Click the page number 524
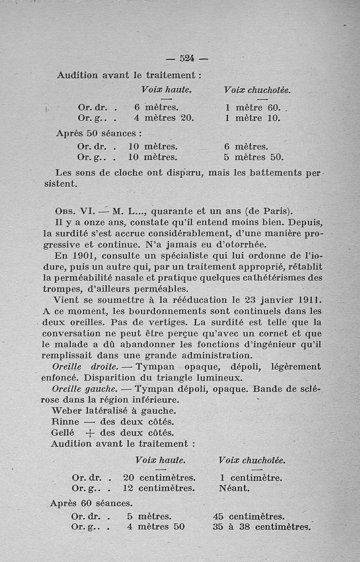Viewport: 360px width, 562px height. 186,58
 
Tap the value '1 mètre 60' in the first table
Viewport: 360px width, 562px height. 253,108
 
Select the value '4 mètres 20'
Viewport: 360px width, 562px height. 164,118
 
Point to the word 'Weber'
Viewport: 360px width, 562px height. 67,411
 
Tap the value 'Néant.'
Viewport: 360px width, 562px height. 234,488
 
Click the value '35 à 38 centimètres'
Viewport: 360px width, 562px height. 261,526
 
